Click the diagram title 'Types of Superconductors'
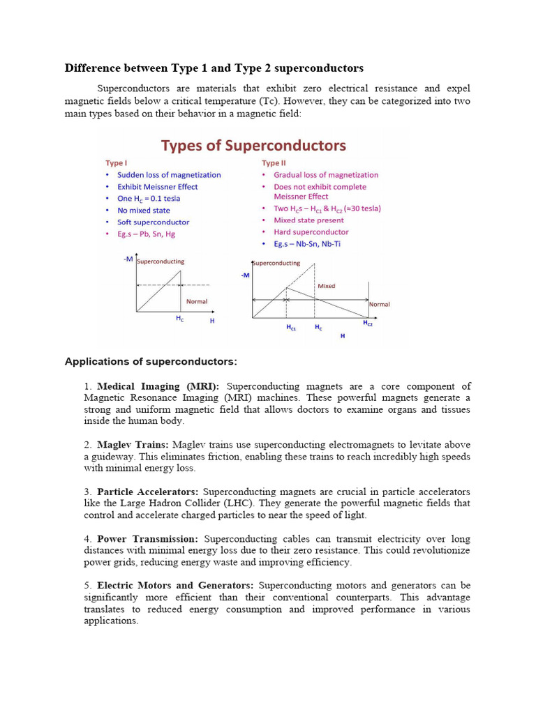click(253, 145)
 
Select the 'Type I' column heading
click(116, 162)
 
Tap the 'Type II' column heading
click(273, 162)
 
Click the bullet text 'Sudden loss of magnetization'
click(169, 175)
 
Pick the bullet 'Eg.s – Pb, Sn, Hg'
click(146, 234)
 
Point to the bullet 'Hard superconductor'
click(311, 232)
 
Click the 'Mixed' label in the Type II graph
click(326, 286)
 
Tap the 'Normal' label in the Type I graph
click(196, 302)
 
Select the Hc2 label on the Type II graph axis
click(367, 324)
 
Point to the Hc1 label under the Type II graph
click(291, 327)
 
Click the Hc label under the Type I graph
click(180, 318)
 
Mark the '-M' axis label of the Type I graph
click(128, 259)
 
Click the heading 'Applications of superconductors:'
click(151, 361)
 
